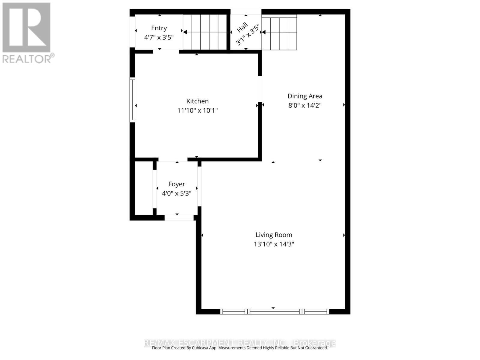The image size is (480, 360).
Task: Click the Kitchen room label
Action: coord(197,101)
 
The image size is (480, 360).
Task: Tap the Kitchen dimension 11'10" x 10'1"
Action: coord(197,110)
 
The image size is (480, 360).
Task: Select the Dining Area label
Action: coord(305,96)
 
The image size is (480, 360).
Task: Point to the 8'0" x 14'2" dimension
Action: coord(305,105)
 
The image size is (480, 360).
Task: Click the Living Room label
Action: coord(274,235)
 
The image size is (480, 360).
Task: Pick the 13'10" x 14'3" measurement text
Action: coord(274,244)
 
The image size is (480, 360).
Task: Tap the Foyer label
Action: coord(176,184)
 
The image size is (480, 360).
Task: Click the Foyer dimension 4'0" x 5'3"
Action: coord(176,193)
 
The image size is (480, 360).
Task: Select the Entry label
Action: coord(159,28)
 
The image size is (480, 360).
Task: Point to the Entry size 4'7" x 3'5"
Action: coord(159,37)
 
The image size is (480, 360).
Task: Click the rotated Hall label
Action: coord(242,28)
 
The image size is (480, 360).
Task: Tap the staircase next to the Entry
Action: coord(205,32)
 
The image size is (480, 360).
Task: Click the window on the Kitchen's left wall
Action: coord(132,100)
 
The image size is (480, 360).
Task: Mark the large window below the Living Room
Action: coord(274,312)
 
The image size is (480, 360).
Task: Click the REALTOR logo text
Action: coord(28,58)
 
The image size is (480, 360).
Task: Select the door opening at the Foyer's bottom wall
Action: coord(179,218)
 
